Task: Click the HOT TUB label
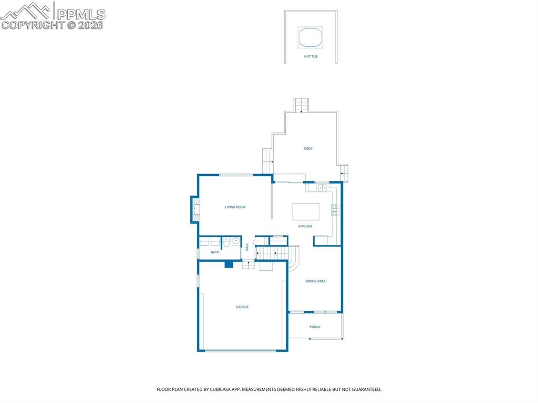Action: coord(311,56)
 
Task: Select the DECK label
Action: coord(308,149)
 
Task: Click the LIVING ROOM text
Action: coord(235,207)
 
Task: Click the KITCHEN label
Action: coord(305,226)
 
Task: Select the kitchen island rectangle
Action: coord(306,212)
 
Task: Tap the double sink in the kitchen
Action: coord(322,188)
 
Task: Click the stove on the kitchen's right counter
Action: coord(335,210)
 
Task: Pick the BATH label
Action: coord(215,252)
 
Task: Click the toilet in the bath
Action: coord(226,243)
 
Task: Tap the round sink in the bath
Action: coord(236,242)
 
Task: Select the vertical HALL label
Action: coord(247,247)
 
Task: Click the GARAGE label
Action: coord(242,307)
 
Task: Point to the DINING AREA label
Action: coord(315,281)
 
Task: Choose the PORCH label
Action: coord(315,327)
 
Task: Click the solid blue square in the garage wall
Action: coord(229,264)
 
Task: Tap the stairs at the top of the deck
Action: coord(301,105)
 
